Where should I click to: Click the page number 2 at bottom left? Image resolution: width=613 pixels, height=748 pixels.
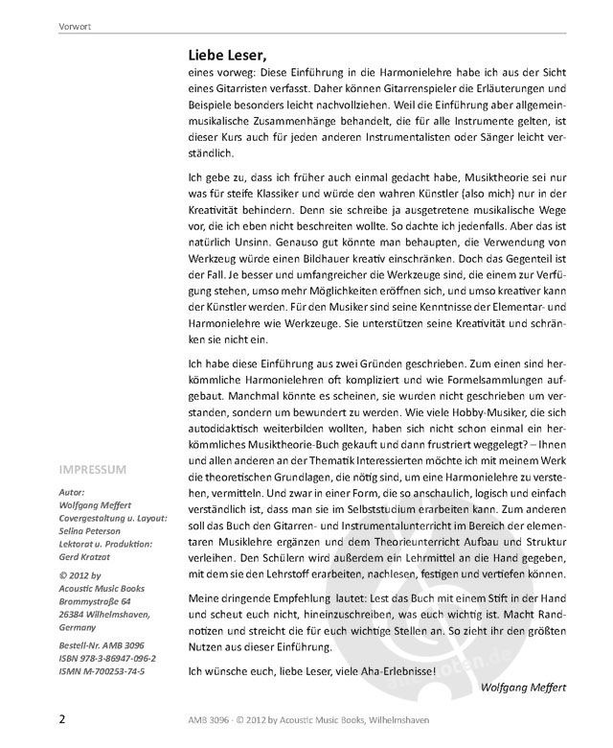click(x=62, y=718)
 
